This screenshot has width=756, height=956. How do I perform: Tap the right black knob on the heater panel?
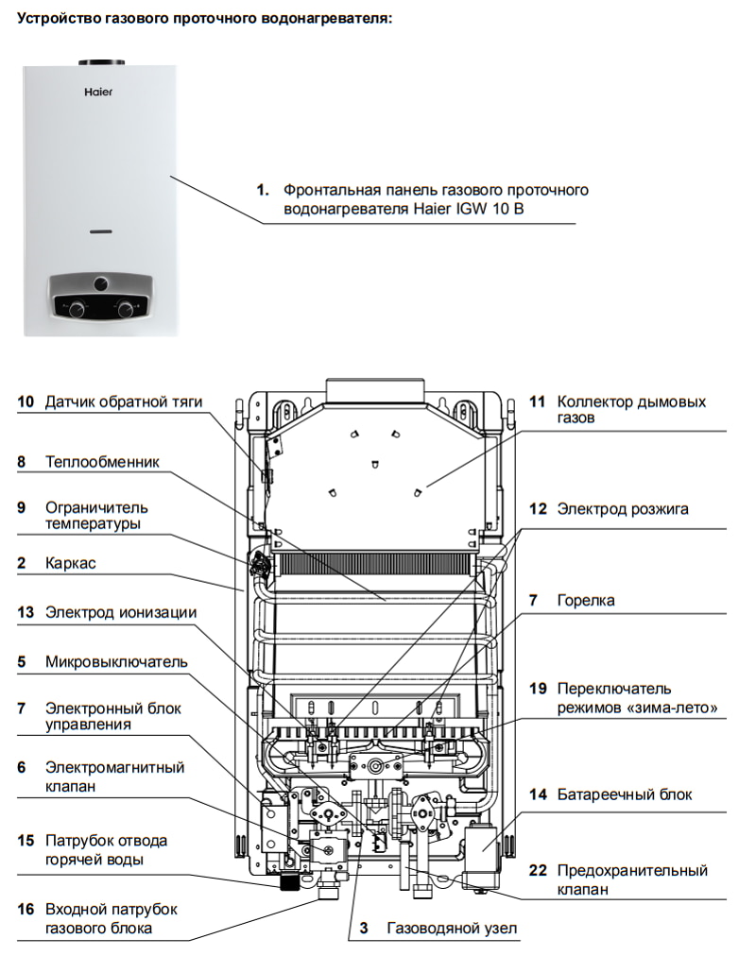[x=124, y=307]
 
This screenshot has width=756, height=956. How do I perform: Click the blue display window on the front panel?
[x=100, y=230]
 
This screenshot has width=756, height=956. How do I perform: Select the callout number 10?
[x=26, y=401]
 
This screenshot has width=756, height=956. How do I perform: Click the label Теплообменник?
[x=102, y=462]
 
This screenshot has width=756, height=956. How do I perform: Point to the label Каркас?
[x=70, y=563]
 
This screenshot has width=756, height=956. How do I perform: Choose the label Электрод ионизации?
[x=121, y=612]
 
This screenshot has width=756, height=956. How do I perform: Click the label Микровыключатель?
[x=116, y=661]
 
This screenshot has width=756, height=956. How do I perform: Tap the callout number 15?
[x=26, y=840]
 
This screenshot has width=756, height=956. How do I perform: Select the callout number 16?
[x=26, y=909]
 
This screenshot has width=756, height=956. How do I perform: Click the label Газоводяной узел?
[x=452, y=929]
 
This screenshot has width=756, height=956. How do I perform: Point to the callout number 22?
[x=538, y=870]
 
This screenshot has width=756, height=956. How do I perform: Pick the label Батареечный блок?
[x=624, y=794]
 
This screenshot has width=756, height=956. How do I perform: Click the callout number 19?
[x=538, y=688]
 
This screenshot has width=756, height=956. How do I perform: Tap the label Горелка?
[x=586, y=600]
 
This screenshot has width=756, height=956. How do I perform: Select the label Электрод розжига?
[x=622, y=509]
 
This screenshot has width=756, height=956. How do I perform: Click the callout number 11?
[x=537, y=401]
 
